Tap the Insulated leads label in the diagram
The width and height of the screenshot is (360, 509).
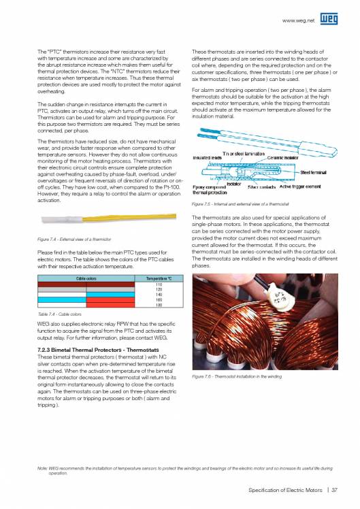(207, 139)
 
